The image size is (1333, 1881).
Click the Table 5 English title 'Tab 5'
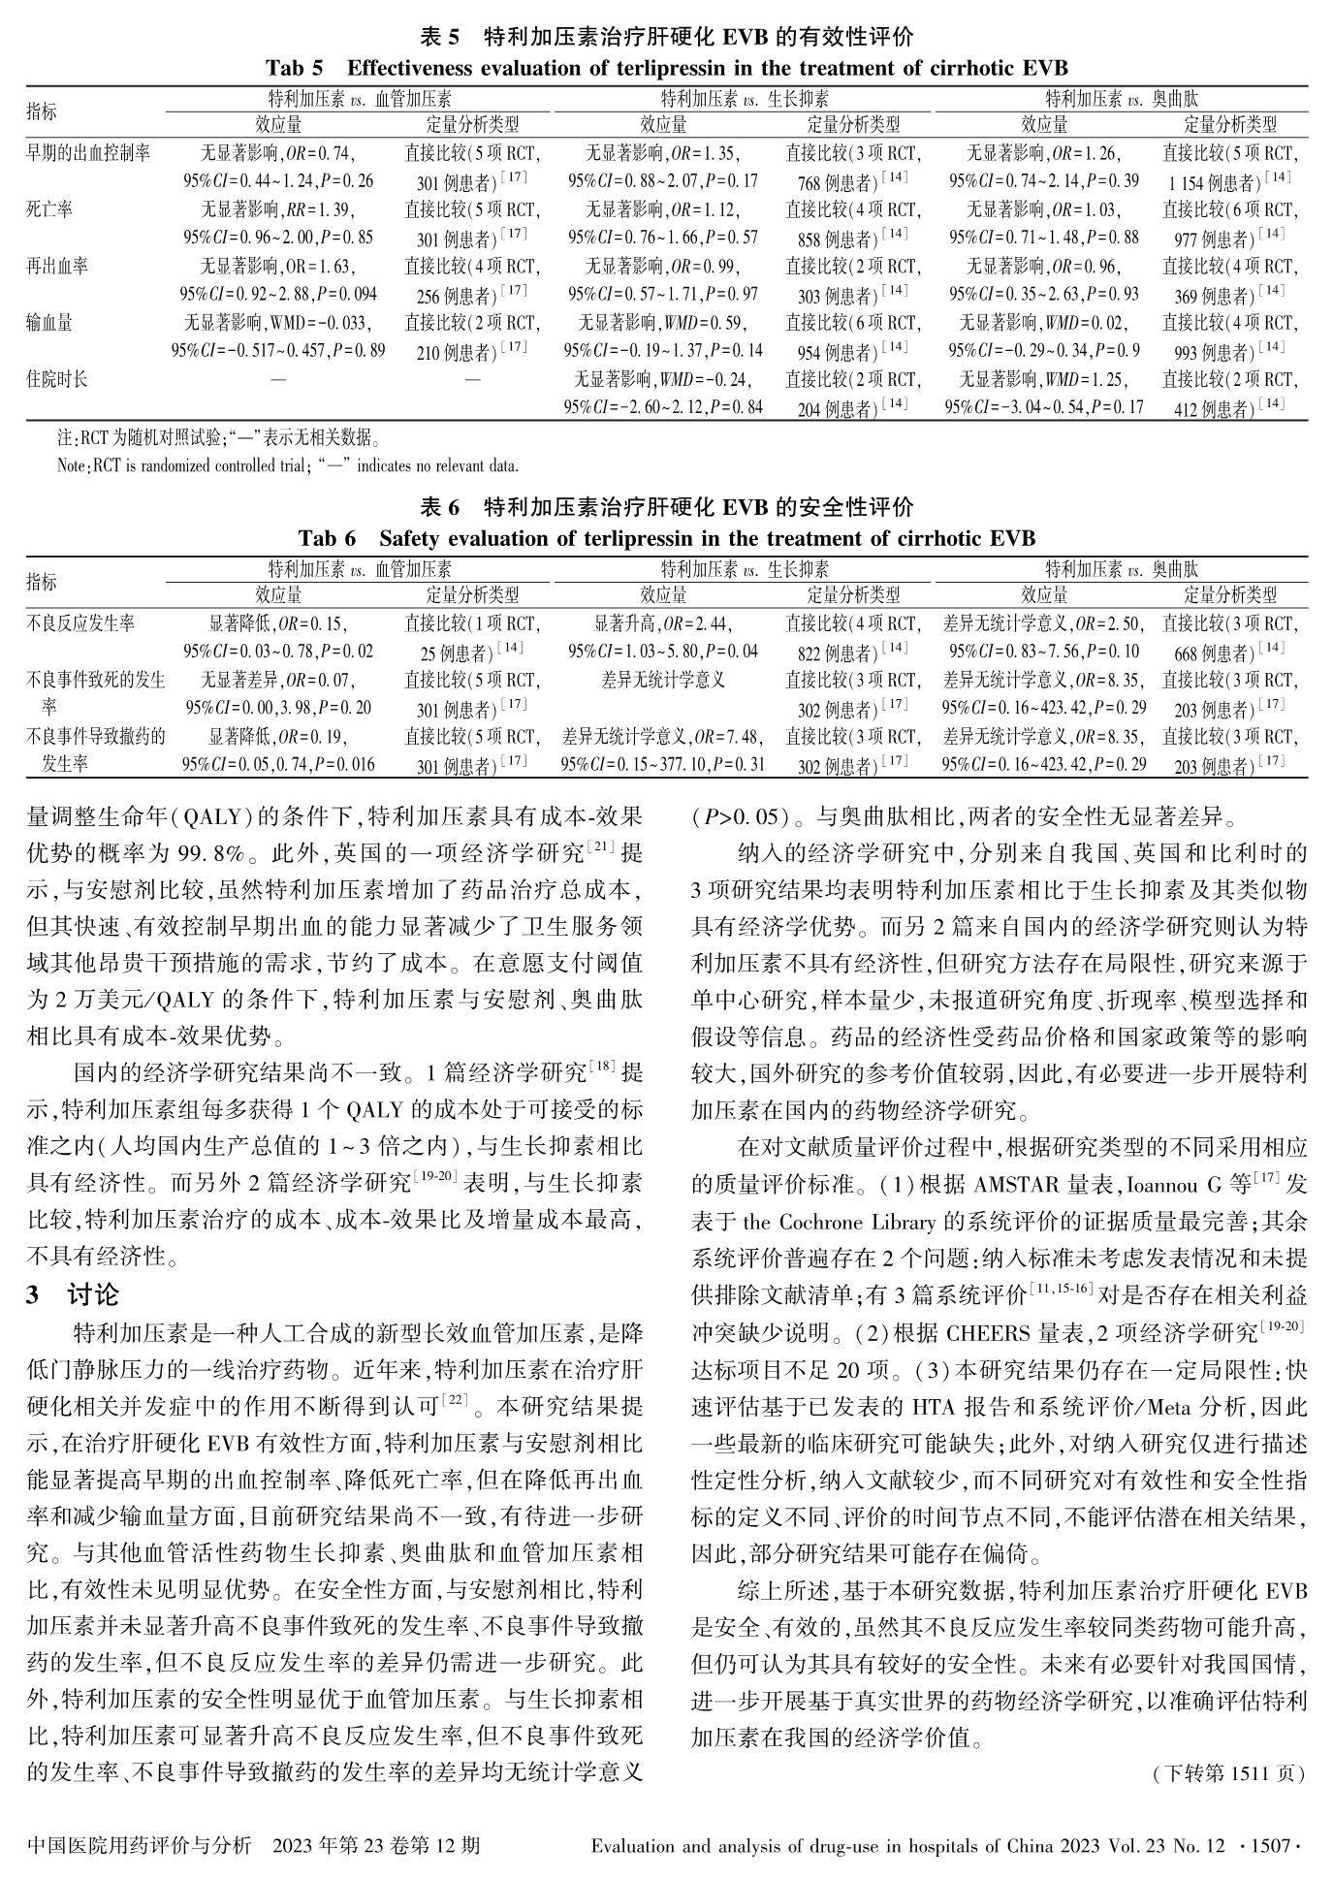(x=295, y=69)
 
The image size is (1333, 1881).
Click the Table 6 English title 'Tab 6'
(x=327, y=538)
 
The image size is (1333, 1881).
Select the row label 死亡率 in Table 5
(x=49, y=209)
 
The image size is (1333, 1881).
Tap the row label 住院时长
(x=57, y=378)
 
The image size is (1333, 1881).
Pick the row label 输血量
(x=49, y=322)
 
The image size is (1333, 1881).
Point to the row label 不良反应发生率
(x=80, y=622)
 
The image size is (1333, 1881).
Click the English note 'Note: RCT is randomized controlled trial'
(x=288, y=465)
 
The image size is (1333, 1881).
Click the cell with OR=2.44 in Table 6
(x=663, y=637)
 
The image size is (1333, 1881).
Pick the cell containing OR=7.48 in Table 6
(x=663, y=750)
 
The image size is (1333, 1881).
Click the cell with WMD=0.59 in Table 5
(x=663, y=335)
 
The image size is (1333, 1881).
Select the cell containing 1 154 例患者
(x=1229, y=181)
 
